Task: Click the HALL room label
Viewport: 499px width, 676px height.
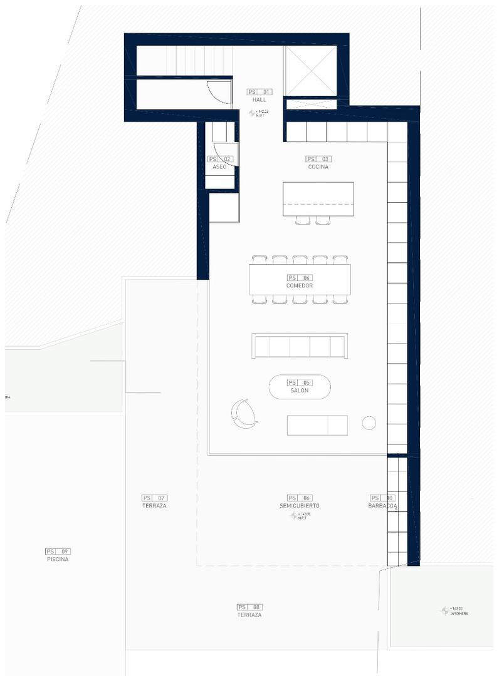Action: pyautogui.click(x=260, y=100)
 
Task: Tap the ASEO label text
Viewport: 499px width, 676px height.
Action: pyautogui.click(x=219, y=167)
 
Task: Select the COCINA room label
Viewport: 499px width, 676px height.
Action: pyautogui.click(x=318, y=167)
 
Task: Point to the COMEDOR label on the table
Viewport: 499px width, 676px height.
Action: pyautogui.click(x=299, y=285)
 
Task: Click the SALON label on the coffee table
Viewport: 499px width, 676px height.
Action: pyautogui.click(x=299, y=391)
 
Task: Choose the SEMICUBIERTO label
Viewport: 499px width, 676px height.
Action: pyautogui.click(x=300, y=505)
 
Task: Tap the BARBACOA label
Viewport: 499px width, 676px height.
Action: pyautogui.click(x=382, y=505)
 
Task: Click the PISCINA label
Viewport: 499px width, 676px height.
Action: pyautogui.click(x=58, y=559)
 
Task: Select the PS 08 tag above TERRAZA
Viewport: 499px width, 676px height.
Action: pyautogui.click(x=249, y=607)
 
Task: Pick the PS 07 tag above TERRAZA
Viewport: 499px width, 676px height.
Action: pyautogui.click(x=154, y=498)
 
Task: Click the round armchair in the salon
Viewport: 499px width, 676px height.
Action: pyautogui.click(x=244, y=414)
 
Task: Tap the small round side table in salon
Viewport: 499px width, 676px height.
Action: pyautogui.click(x=369, y=423)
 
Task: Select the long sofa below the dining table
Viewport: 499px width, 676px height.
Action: pyautogui.click(x=300, y=346)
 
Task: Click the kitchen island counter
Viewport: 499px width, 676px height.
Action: pyautogui.click(x=318, y=198)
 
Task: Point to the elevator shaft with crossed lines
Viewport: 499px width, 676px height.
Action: pyautogui.click(x=311, y=71)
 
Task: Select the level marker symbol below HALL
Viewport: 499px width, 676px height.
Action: pyautogui.click(x=253, y=113)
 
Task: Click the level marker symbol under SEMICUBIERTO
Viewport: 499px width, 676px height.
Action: pyautogui.click(x=294, y=516)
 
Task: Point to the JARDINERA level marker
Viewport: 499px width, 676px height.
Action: pyautogui.click(x=445, y=610)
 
